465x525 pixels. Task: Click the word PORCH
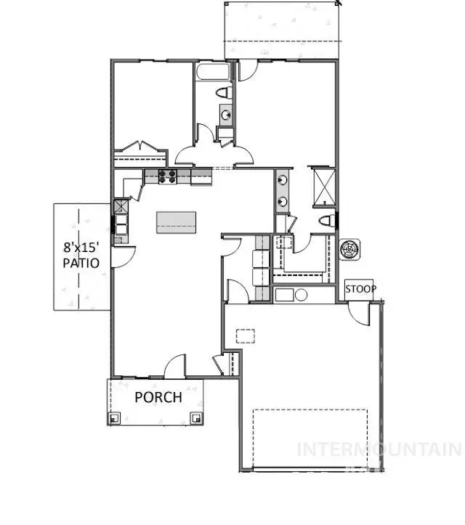[x=158, y=397]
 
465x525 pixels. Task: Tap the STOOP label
[x=360, y=289]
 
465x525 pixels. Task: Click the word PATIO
[x=80, y=263]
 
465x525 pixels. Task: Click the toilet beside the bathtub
[x=225, y=93]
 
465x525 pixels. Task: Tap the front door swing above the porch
[x=174, y=367]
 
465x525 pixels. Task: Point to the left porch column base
[x=115, y=418]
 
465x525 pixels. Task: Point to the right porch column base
[x=195, y=418]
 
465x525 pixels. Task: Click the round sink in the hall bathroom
[x=225, y=115]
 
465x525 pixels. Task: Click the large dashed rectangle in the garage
[x=310, y=439]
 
